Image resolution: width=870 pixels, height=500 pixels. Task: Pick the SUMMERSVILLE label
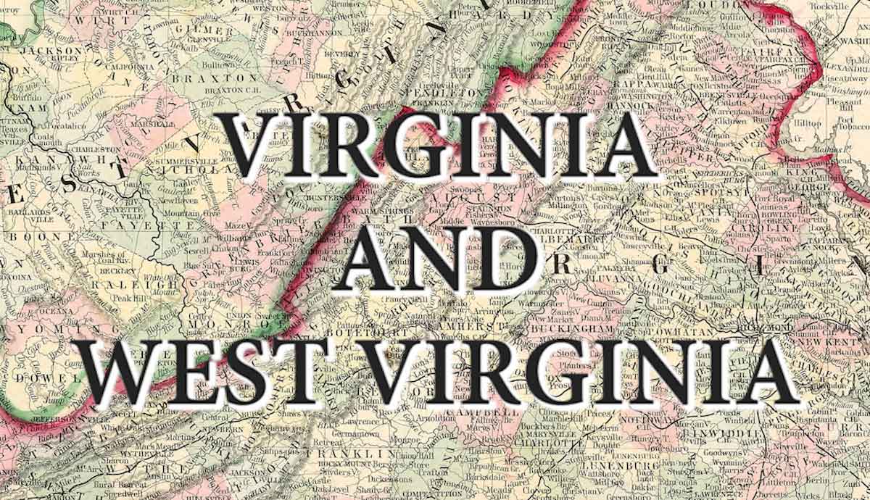[173, 159]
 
